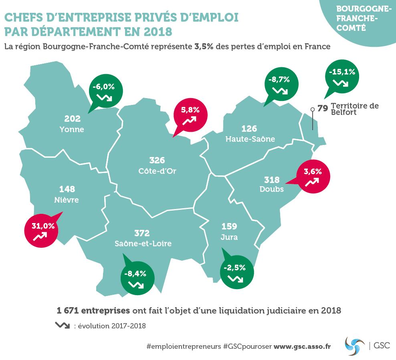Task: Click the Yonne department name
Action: coord(72,129)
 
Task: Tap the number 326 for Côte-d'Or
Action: coord(157,160)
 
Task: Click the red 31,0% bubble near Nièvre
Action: coord(42,230)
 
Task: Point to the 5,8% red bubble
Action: coord(190,114)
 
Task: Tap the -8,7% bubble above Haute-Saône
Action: coord(281,84)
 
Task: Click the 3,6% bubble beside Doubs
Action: coord(313,176)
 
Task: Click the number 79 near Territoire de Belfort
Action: coord(323,108)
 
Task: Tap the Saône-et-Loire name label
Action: coord(143,243)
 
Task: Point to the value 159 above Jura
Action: coord(229,226)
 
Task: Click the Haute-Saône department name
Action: coord(250,139)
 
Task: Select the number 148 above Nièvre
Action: coord(67,189)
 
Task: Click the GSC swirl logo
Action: coord(355,345)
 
